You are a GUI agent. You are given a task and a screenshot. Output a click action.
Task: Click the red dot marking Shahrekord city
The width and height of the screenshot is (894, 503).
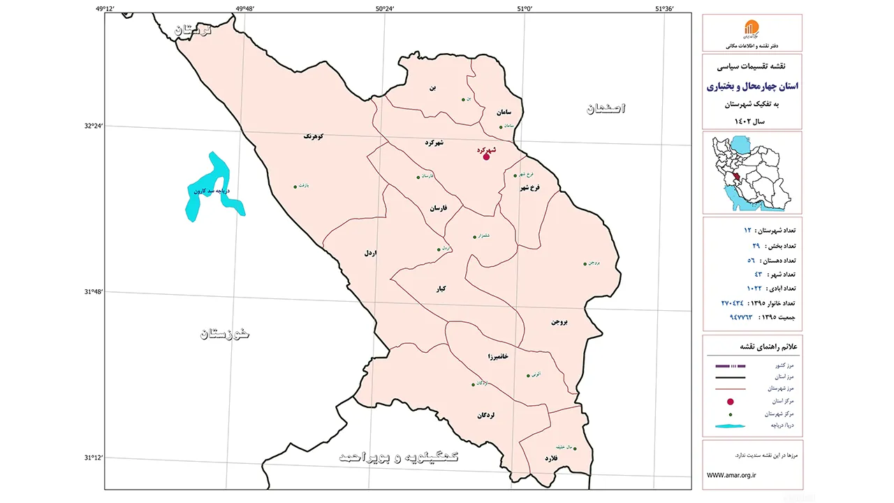[x=486, y=156]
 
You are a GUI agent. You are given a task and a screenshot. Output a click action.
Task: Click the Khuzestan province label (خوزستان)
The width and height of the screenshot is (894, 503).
[x=225, y=333]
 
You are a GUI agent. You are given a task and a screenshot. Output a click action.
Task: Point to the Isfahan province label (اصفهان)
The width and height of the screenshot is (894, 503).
[x=606, y=108]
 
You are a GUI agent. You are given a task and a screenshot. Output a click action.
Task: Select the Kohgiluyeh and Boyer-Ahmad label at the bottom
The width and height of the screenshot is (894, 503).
[x=399, y=456]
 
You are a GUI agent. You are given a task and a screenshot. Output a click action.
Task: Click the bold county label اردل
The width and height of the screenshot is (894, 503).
[x=369, y=253]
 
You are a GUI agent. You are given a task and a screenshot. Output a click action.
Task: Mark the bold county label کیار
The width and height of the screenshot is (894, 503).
[x=441, y=289]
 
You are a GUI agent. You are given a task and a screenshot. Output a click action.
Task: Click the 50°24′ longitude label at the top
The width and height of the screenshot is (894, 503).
[x=385, y=8]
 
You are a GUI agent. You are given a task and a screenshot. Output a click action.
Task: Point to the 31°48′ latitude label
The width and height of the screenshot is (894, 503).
[x=92, y=292]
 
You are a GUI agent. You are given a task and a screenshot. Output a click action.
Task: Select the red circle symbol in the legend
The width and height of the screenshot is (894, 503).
[x=731, y=402]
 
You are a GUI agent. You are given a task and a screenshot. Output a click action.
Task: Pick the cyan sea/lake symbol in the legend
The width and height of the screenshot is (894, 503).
[x=731, y=425]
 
